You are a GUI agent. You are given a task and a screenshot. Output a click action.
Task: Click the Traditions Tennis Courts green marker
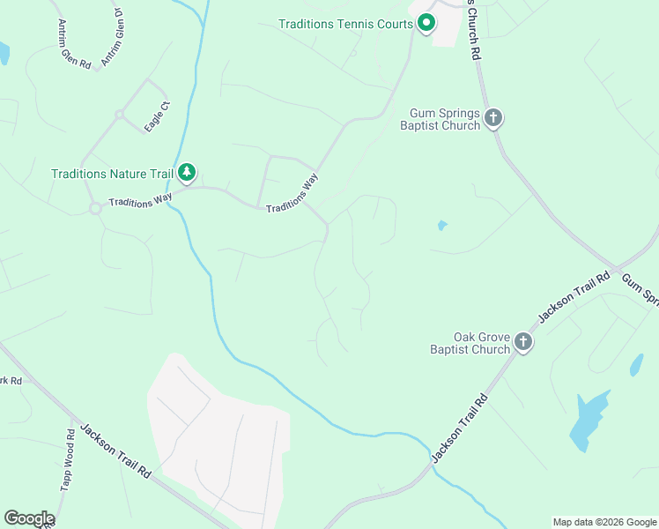(426, 22)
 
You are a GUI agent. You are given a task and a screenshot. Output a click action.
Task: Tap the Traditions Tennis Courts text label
(346, 24)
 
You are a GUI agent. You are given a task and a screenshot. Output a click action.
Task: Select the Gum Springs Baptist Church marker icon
(493, 117)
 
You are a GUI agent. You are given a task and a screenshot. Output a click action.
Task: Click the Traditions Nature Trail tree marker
(186, 173)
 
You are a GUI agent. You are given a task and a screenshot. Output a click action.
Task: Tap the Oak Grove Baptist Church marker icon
(523, 342)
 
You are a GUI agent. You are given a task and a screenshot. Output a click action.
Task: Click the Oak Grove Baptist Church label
(470, 343)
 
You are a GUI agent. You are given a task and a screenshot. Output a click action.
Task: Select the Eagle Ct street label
(158, 118)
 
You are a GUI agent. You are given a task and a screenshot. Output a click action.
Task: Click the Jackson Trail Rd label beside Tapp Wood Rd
(115, 451)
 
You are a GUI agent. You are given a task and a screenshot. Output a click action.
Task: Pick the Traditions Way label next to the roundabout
(140, 200)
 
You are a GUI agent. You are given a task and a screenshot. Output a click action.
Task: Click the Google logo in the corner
(29, 518)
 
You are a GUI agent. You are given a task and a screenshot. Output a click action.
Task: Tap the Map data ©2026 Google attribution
(604, 522)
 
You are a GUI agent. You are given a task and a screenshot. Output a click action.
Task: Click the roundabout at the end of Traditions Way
(93, 209)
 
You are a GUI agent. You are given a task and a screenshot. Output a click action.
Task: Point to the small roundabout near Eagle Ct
(119, 115)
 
